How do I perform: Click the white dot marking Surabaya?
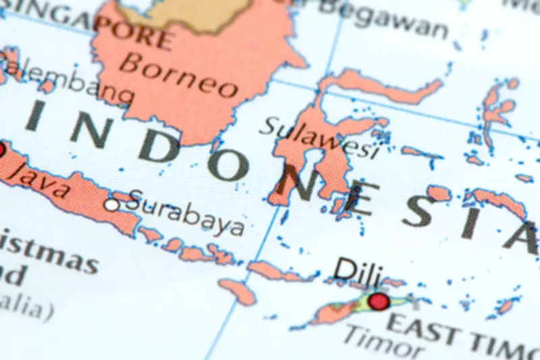pyautogui.click(x=112, y=204)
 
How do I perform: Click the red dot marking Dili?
pyautogui.click(x=379, y=301)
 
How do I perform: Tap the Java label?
pyautogui.click(x=40, y=178)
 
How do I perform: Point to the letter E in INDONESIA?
pyautogui.click(x=352, y=197)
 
